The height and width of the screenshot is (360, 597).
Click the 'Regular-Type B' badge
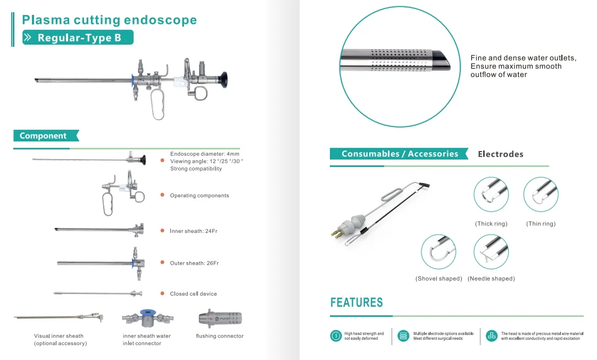pyautogui.click(x=78, y=38)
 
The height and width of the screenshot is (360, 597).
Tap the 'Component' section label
pyautogui.click(x=44, y=136)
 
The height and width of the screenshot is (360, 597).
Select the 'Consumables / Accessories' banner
pyautogui.click(x=399, y=154)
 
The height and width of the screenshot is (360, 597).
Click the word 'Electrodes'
pyautogui.click(x=500, y=154)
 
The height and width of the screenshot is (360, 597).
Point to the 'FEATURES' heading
pyautogui.click(x=356, y=303)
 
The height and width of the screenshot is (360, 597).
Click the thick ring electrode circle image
pyautogui.click(x=491, y=195)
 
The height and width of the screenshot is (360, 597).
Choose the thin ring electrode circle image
pyautogui.click(x=541, y=195)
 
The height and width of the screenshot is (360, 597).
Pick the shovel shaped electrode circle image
pyautogui.click(x=438, y=252)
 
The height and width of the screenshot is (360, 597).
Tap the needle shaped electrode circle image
pyautogui.click(x=491, y=252)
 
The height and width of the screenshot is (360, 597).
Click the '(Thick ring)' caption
pyautogui.click(x=491, y=224)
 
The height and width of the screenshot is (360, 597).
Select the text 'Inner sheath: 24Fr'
pyautogui.click(x=194, y=231)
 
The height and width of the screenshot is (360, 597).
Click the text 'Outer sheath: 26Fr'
pyautogui.click(x=194, y=263)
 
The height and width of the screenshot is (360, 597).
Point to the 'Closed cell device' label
pyautogui.click(x=193, y=294)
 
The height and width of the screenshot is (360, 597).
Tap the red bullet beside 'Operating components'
pyautogui.click(x=162, y=195)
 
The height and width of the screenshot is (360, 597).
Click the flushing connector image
pyautogui.click(x=220, y=319)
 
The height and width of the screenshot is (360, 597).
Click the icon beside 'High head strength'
pyautogui.click(x=336, y=336)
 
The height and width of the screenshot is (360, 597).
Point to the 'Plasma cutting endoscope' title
pyautogui.click(x=109, y=20)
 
